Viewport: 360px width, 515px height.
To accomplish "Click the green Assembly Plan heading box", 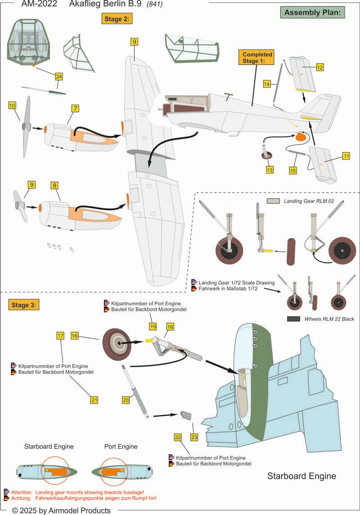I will click(312, 12).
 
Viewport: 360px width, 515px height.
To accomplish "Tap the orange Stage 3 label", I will click(23, 304).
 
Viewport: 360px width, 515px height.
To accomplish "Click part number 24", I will click(59, 77).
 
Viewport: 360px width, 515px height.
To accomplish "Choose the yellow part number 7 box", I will click(75, 108).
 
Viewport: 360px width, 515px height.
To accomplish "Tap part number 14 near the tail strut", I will click(267, 83).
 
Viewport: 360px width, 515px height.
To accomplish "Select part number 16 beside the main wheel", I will click(75, 336).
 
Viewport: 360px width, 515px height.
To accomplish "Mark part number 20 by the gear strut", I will click(126, 399).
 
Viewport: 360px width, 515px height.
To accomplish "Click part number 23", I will click(194, 436).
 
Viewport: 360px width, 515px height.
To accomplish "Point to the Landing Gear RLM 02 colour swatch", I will click(274, 201).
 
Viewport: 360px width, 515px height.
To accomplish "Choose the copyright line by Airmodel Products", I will click(61, 510).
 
